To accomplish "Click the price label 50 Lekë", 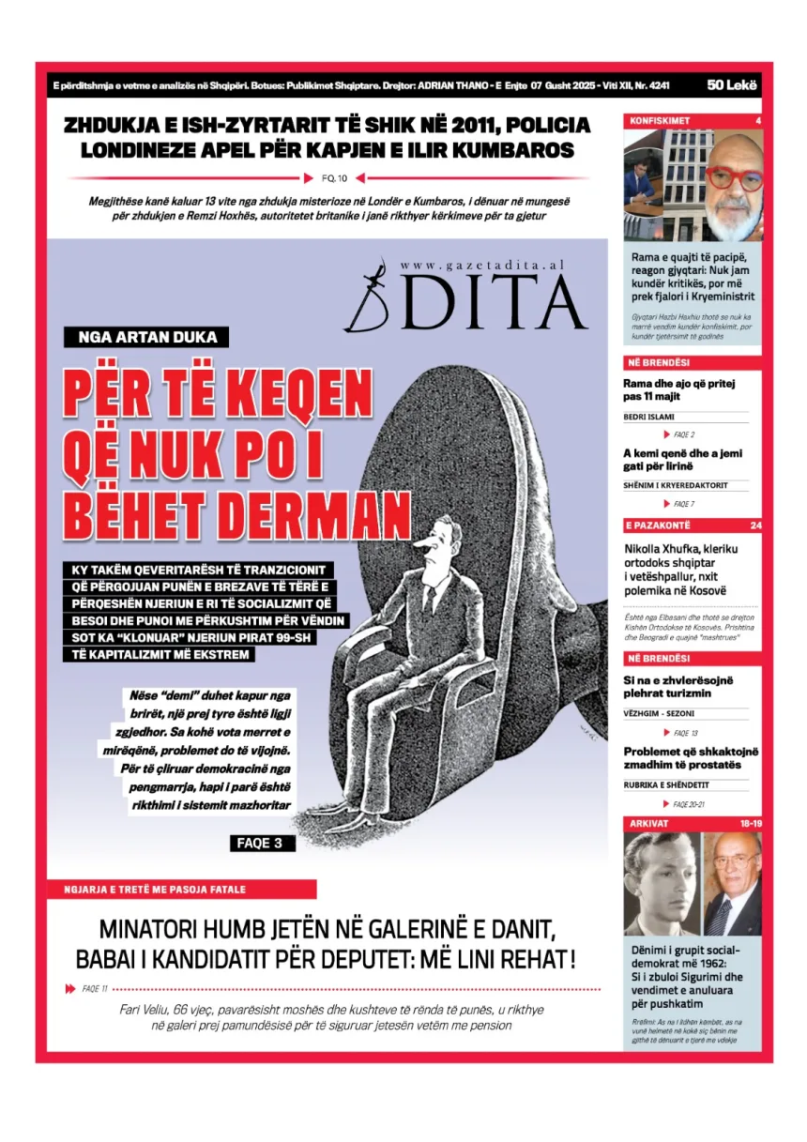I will [x=732, y=85].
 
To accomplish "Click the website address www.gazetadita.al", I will [x=481, y=266].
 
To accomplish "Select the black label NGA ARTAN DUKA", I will [x=146, y=338].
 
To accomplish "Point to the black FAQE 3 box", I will [x=263, y=844].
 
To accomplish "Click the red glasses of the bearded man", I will [x=734, y=176].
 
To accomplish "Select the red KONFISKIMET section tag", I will [x=660, y=121].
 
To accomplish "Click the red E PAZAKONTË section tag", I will [x=658, y=525].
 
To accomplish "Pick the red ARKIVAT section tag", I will [x=648, y=823].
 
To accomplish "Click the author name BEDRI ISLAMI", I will [x=649, y=417].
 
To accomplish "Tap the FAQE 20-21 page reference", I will [x=689, y=804].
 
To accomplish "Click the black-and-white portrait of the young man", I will [x=661, y=883].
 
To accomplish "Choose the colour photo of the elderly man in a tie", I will [x=733, y=883].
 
